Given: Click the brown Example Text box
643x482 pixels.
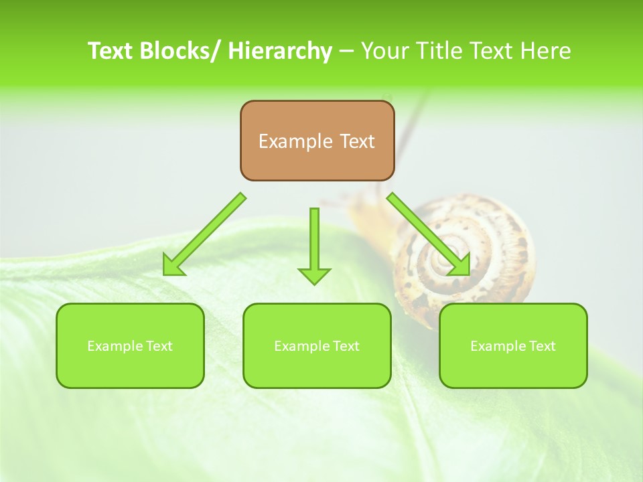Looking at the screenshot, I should pos(317,141).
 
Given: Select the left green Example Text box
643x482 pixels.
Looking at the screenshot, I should pos(130,346).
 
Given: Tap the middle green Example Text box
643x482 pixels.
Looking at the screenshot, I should pos(317,346).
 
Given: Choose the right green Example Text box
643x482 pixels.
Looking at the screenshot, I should pos(513,346).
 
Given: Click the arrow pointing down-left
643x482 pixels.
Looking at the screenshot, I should pos(204,234).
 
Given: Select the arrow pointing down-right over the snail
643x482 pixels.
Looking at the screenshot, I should pos(429,234).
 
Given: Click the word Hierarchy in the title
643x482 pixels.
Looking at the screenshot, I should pos(279,51).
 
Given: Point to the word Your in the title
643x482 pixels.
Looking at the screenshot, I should pos(385,51).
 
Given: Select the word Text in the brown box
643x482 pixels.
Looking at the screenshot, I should pos(357,141).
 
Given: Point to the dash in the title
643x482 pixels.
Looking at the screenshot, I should pos(346,51).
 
